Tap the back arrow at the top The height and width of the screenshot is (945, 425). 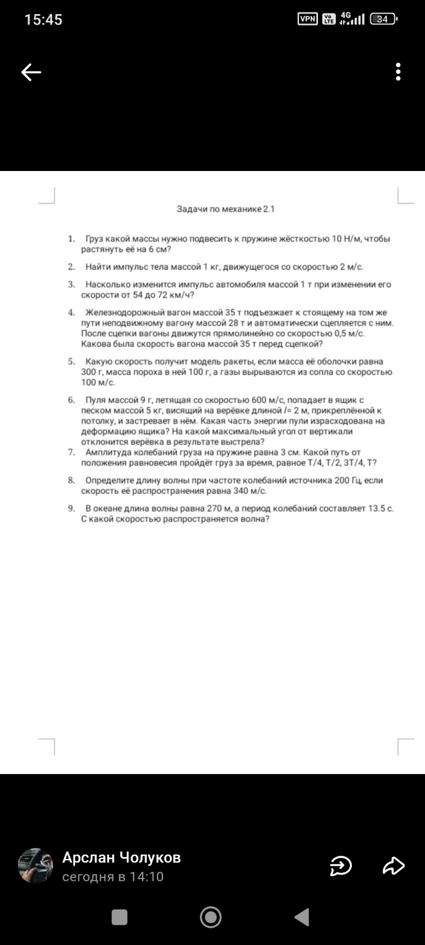pos(31,73)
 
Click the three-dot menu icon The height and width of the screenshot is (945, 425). pos(399,72)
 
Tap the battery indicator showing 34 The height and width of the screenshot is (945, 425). pos(383,19)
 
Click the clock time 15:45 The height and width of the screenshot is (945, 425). pos(43,20)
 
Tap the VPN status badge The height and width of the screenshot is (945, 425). pos(308,19)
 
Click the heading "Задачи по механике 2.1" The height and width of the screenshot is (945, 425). pos(226,209)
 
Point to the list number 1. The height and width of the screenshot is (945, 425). pos(71,238)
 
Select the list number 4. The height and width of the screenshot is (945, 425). pos(71,313)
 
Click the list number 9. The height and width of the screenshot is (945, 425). pos(71,508)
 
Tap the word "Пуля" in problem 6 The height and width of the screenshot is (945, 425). pos(96,400)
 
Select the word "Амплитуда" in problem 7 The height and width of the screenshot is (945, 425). pos(107,452)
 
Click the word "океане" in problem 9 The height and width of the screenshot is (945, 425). pos(108,508)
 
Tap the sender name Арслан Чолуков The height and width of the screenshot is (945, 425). pos(121,858)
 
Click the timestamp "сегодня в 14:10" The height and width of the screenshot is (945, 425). pos(113,877)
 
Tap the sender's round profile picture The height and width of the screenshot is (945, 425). pos(36,866)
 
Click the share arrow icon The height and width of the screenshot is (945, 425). pos(394,866)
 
